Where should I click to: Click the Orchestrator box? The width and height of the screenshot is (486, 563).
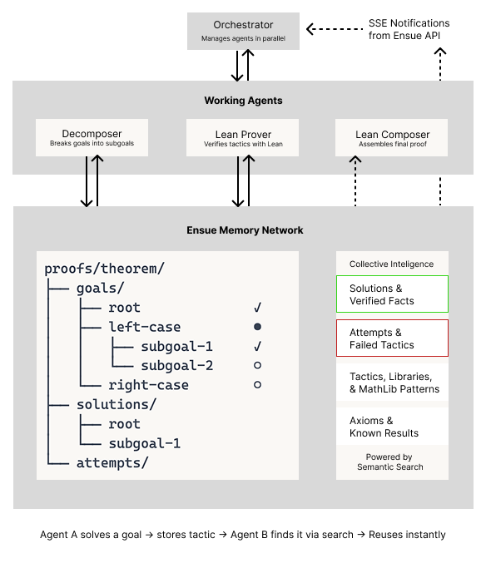pos(242,31)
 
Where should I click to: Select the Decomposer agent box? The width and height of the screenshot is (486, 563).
pos(92,138)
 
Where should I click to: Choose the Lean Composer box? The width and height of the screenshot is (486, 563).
pos(392,138)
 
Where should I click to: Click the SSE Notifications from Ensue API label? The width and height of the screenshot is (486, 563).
pos(409,29)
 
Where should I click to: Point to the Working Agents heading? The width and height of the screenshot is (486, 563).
pos(243,101)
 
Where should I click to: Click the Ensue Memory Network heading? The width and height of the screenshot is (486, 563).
pos(244,230)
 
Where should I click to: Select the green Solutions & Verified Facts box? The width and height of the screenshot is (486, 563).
pos(392,294)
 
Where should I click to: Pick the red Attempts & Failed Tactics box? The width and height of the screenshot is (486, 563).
pos(392,338)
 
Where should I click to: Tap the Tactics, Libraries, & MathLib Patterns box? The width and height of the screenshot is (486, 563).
pos(392,383)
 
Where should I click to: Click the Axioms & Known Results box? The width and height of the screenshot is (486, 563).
pos(392,427)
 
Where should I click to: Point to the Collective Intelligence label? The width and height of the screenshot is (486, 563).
pos(391,264)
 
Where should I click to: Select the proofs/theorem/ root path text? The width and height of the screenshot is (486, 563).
pos(105,269)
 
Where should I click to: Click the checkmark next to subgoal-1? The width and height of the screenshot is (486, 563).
pos(258,346)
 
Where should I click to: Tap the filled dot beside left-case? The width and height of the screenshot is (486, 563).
pos(258,327)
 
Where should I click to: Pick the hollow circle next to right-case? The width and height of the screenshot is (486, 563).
pos(258,385)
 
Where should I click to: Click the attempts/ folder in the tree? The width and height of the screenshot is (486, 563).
pos(112,462)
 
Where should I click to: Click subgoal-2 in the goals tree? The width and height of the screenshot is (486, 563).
pos(176,365)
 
